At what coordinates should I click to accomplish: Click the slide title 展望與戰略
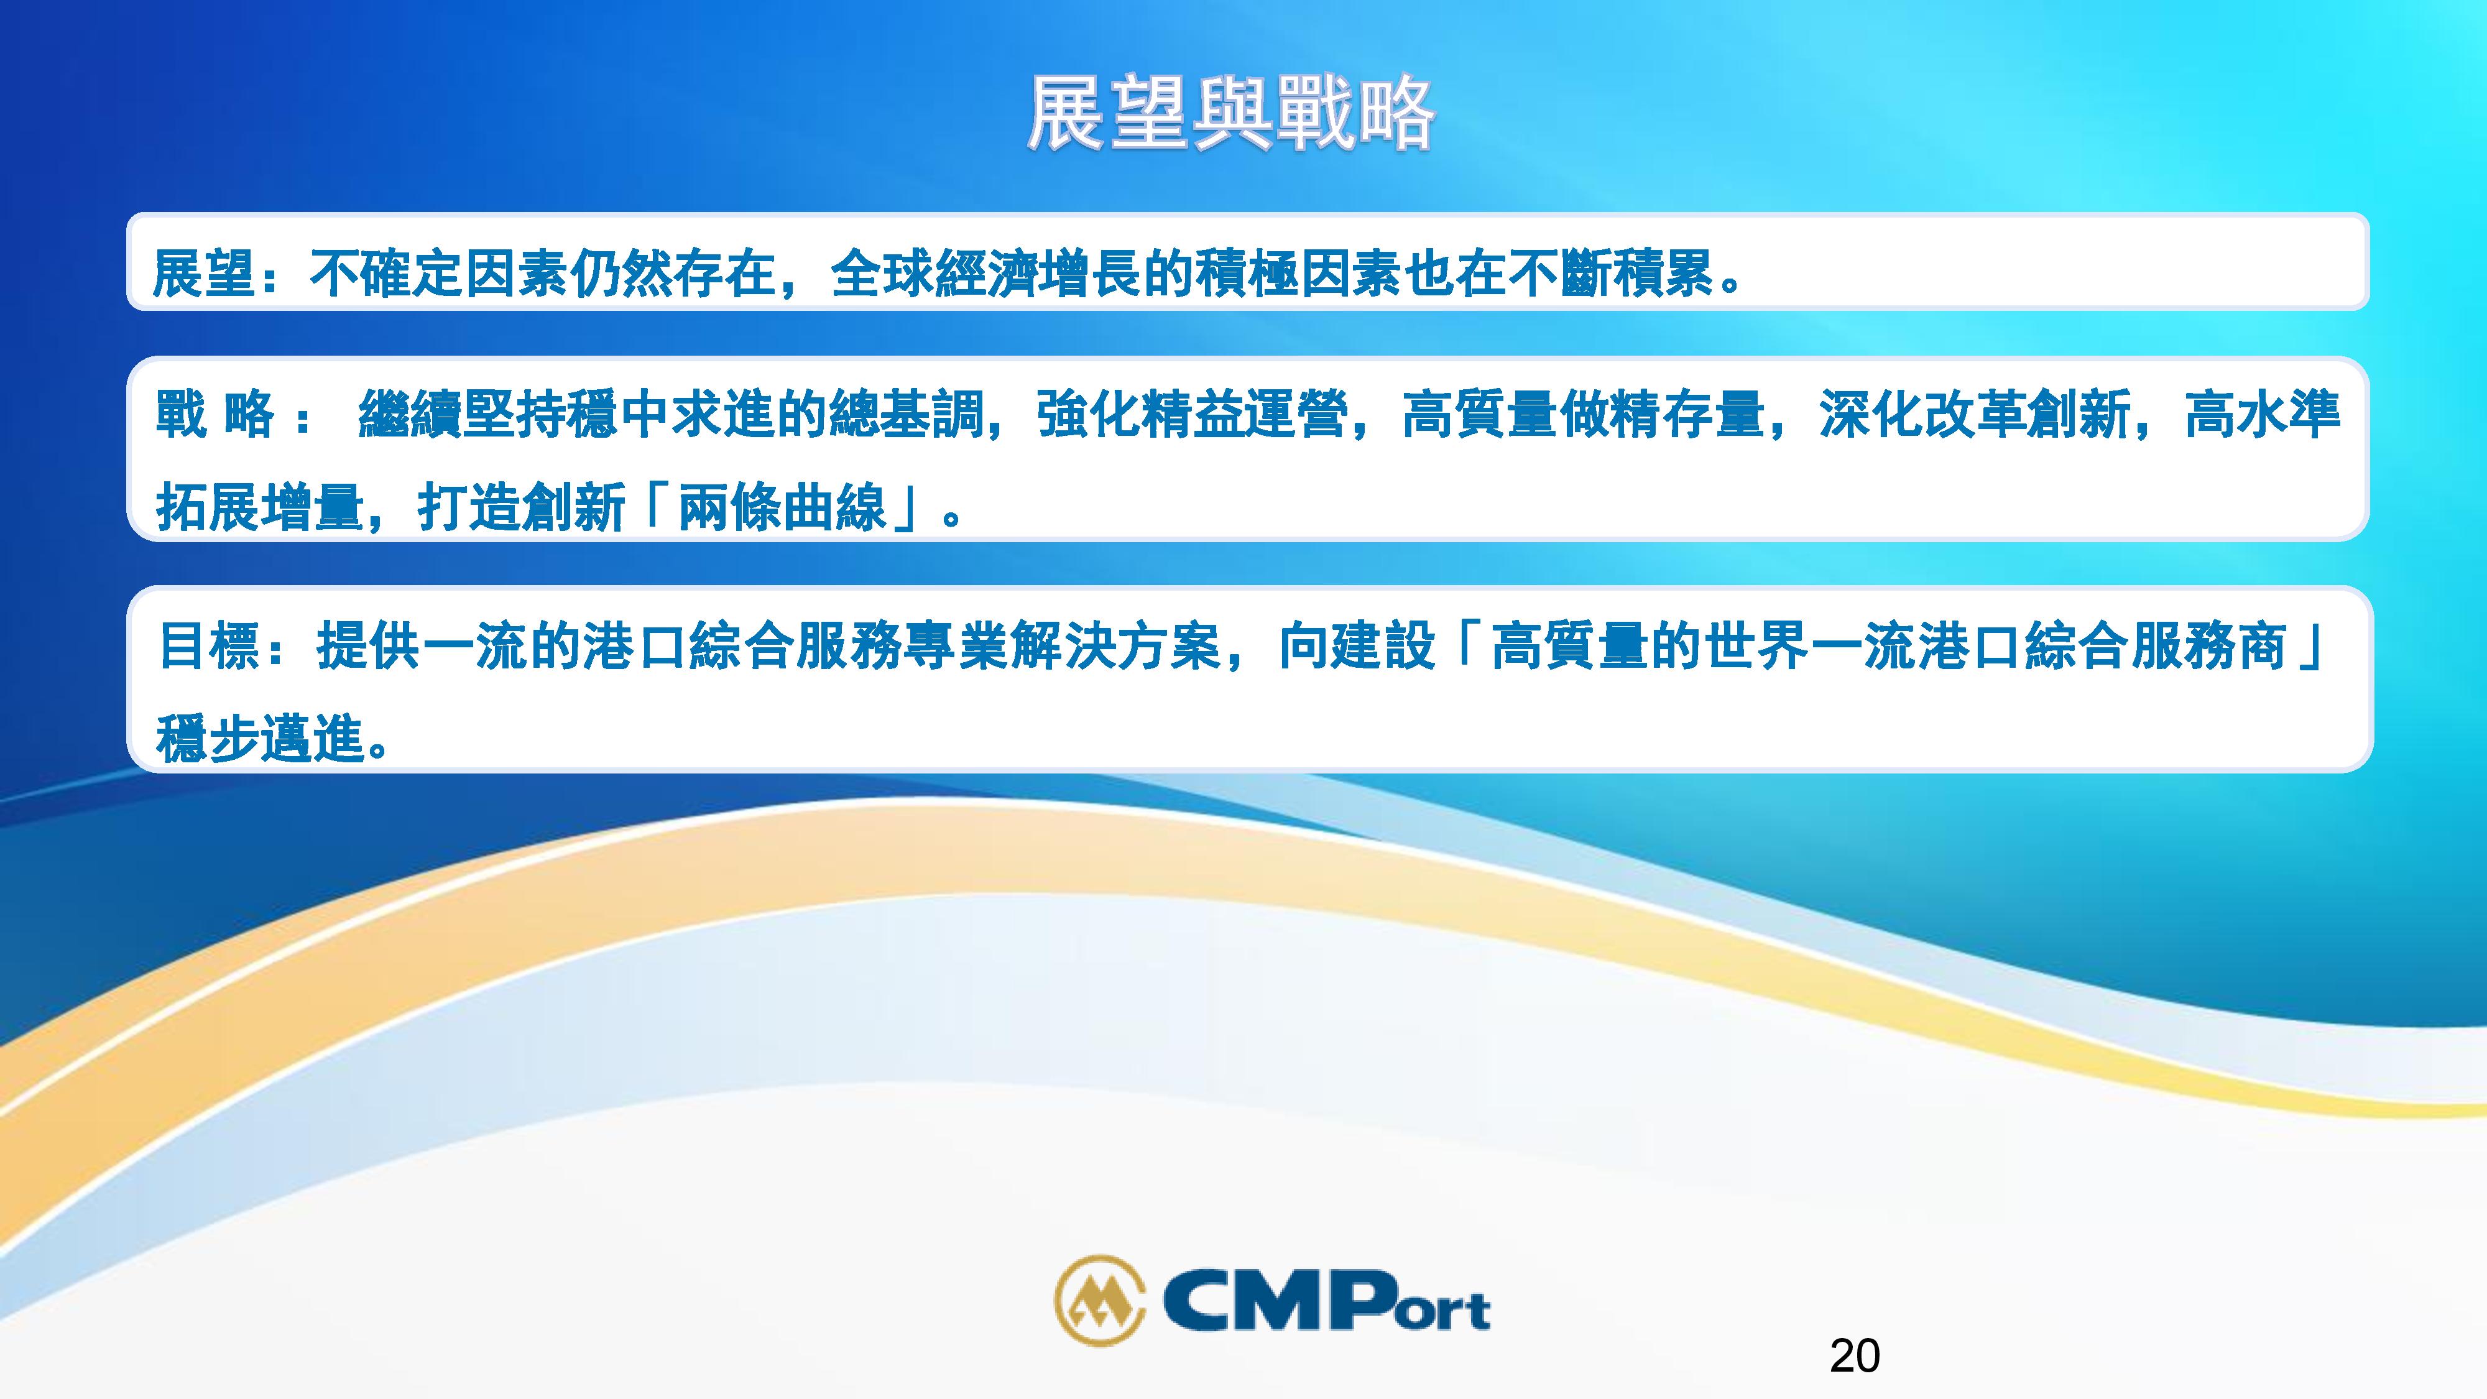click(1231, 113)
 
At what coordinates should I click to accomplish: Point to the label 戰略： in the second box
click(232, 415)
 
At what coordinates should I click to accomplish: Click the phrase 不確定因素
click(440, 273)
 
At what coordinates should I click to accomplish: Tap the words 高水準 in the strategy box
click(2262, 415)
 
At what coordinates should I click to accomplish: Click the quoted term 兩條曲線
click(782, 507)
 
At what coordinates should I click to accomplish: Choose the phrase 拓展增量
click(259, 507)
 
